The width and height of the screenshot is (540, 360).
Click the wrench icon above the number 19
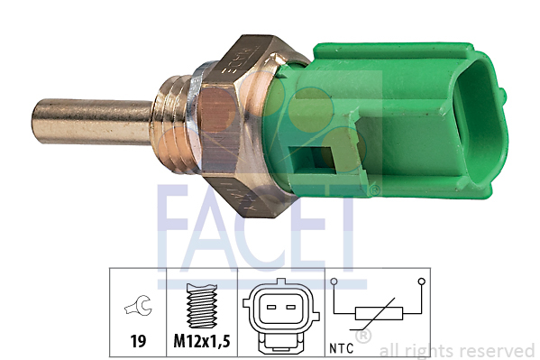tap(139, 305)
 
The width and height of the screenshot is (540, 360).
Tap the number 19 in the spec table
tap(138, 341)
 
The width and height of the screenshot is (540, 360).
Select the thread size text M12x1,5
tap(202, 341)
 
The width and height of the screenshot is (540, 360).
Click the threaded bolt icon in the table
tap(202, 306)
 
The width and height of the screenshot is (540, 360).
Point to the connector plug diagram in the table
tap(281, 316)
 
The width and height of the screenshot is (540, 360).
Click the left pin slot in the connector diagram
tap(271, 307)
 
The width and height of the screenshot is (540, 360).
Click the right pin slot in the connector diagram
tap(291, 307)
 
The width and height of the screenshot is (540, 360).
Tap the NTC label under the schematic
tap(341, 348)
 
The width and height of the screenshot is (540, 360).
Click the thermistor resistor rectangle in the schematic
tap(379, 313)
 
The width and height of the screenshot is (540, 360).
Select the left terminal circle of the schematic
tap(333, 282)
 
